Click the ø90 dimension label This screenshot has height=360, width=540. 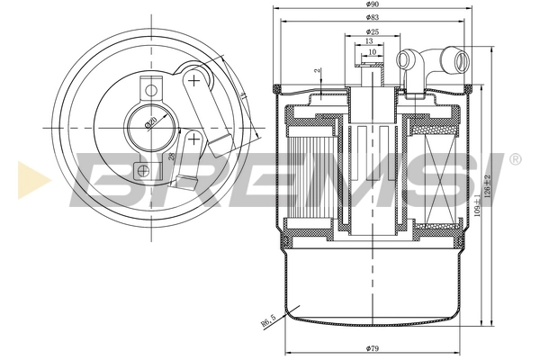tap(371, 5)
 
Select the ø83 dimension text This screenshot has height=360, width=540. tap(371, 18)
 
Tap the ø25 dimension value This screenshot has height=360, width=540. tap(371, 32)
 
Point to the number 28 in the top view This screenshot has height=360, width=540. tap(171, 159)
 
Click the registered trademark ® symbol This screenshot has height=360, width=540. tap(515, 159)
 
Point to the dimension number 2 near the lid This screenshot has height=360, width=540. tap(317, 70)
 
